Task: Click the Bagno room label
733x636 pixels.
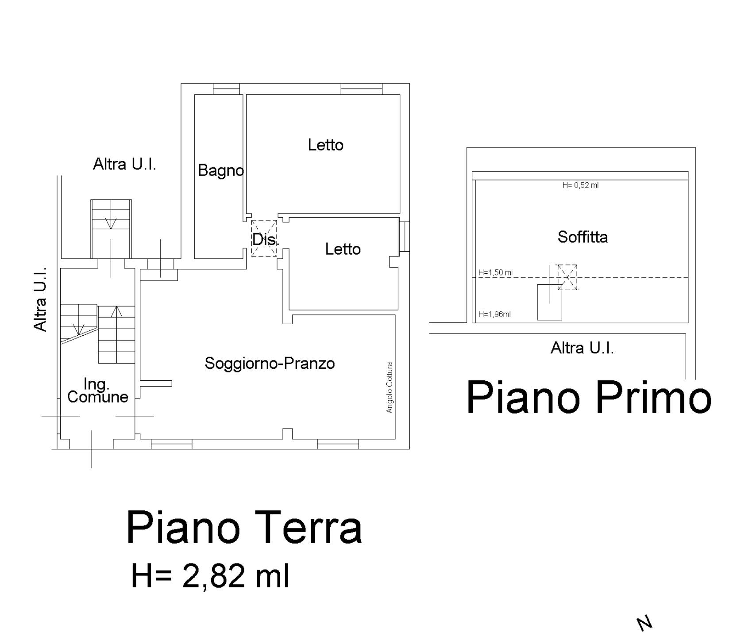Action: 220,171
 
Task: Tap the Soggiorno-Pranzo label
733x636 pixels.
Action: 270,363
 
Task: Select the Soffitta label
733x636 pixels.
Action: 583,237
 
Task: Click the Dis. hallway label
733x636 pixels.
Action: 266,240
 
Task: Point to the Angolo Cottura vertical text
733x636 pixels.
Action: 390,387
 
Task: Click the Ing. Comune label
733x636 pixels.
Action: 98,390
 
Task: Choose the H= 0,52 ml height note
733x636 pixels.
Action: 580,185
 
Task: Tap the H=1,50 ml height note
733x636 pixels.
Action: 495,272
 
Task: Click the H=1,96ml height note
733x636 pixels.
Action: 494,314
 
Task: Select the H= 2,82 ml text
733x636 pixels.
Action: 210,575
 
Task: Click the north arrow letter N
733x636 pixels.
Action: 645,623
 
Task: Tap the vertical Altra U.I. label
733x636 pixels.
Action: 40,299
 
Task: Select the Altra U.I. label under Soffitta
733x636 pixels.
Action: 582,348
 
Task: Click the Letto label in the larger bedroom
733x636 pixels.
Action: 326,145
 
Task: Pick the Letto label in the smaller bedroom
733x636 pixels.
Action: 343,249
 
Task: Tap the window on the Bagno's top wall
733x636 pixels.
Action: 226,89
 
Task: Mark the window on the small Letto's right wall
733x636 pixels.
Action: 404,237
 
